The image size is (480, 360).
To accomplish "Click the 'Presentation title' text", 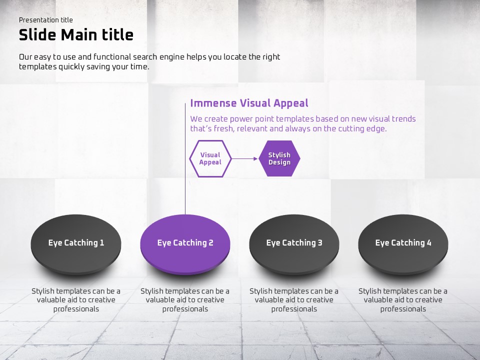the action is (46, 20).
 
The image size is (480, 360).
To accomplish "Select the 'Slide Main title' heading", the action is (76, 35).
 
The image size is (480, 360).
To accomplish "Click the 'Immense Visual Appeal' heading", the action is (249, 103).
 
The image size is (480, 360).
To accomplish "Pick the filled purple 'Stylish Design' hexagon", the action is (279, 158).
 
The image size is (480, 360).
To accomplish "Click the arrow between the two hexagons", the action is (244, 158).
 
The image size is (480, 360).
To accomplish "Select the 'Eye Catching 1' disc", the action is (76, 245).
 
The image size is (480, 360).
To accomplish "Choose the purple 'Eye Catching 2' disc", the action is (185, 245).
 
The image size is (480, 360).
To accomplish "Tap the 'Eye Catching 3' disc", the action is (294, 245).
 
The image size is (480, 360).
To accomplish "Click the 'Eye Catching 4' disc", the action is (403, 245).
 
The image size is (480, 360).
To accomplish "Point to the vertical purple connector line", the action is (185, 159).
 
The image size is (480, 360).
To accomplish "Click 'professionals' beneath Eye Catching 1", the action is (76, 309).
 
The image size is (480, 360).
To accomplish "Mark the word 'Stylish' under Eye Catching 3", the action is (262, 291).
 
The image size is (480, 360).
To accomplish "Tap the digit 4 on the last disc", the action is (429, 243).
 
